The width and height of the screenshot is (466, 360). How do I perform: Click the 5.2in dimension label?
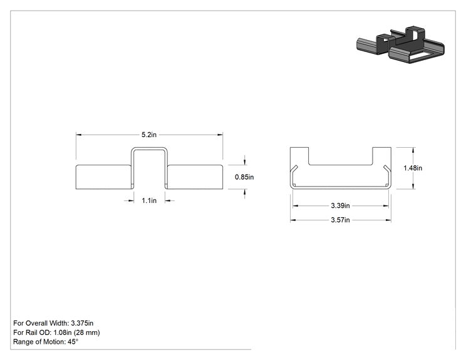coord(149,135)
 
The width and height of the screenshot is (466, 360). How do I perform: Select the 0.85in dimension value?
coord(244,177)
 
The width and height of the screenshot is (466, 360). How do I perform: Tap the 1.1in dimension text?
coord(149,201)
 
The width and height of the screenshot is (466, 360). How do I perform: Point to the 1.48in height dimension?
coord(413,168)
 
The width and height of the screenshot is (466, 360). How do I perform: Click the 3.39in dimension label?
coord(340,205)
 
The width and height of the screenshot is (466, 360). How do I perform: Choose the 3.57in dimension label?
coord(340,220)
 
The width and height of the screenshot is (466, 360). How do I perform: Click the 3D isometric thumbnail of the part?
coord(400,44)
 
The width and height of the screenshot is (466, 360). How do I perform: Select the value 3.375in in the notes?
coord(82,323)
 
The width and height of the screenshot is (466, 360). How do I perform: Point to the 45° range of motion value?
coord(73,342)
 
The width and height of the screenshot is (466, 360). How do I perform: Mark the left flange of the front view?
coord(103,177)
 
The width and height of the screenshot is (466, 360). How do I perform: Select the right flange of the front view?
coord(195,177)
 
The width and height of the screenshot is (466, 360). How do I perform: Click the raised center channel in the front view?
coord(150,148)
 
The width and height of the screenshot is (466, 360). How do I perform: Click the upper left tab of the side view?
coord(299,156)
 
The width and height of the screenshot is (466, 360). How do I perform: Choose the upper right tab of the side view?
coord(382,156)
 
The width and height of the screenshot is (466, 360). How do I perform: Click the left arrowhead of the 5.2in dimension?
coord(78,135)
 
